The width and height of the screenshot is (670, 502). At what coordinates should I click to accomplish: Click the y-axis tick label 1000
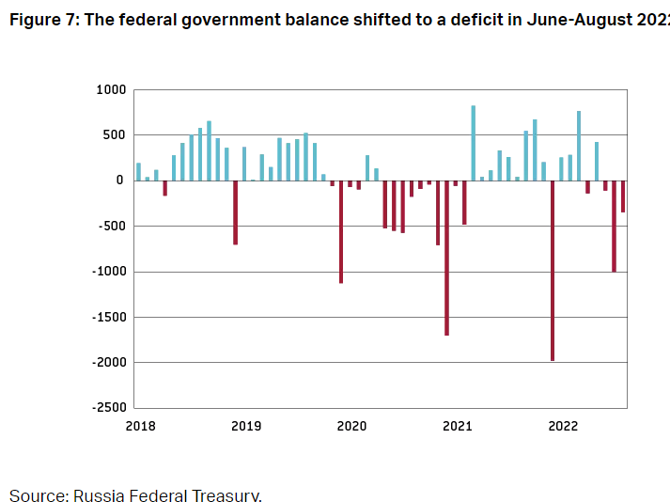pyautogui.click(x=110, y=90)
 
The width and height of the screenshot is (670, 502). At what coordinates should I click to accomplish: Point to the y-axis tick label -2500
pyautogui.click(x=106, y=408)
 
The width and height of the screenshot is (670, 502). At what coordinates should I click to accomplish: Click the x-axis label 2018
pyautogui.click(x=140, y=426)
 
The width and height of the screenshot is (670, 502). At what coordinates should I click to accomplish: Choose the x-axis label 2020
pyautogui.click(x=351, y=426)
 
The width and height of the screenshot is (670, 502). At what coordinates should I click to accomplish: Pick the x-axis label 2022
pyautogui.click(x=563, y=426)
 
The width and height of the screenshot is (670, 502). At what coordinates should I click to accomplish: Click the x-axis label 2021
pyautogui.click(x=457, y=426)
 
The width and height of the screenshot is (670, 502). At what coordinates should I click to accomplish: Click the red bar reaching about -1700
pyautogui.click(x=446, y=258)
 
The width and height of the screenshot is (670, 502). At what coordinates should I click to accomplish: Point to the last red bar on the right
pyautogui.click(x=623, y=196)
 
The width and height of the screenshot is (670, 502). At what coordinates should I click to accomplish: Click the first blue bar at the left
pyautogui.click(x=138, y=172)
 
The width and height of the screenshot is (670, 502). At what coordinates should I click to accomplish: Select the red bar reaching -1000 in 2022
pyautogui.click(x=614, y=226)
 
